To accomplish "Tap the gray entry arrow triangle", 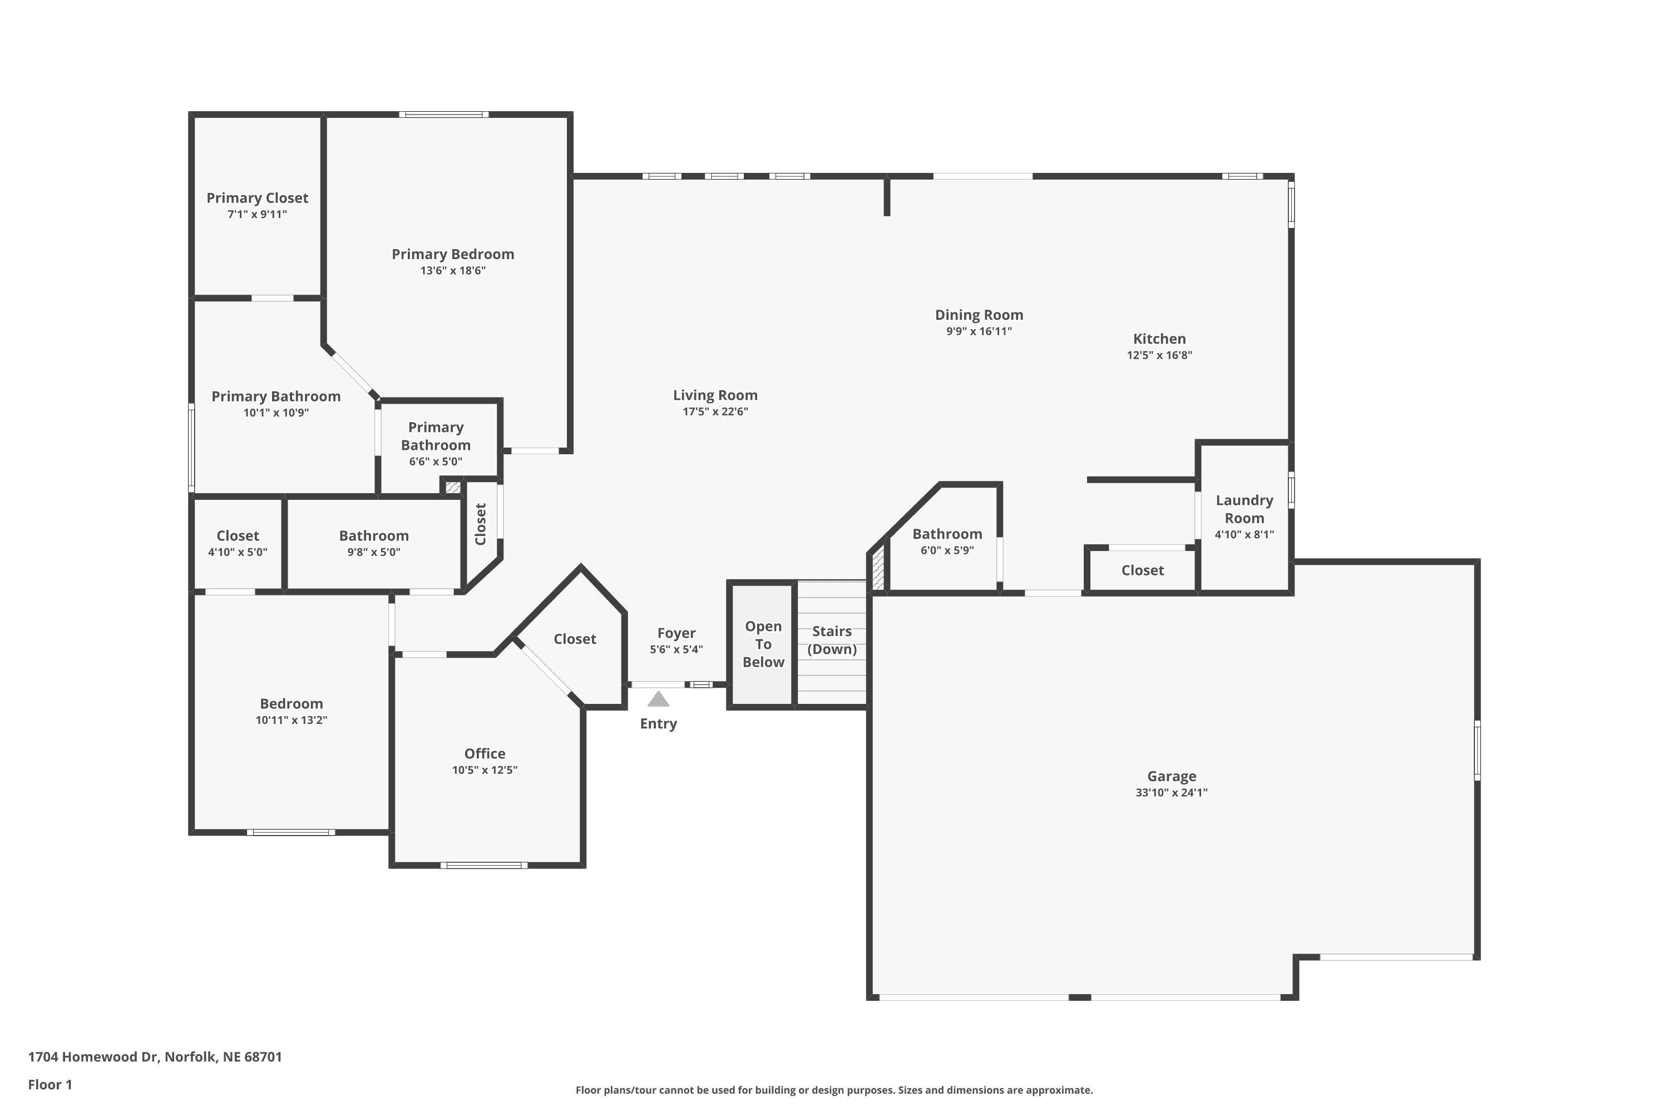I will tap(659, 699).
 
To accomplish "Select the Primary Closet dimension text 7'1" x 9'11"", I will tap(257, 214).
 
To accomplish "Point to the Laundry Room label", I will tap(1244, 509).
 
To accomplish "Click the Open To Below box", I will tap(763, 644).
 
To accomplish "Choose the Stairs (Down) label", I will tap(832, 640).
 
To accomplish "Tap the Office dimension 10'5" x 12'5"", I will tap(485, 770).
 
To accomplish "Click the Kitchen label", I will tap(1159, 339).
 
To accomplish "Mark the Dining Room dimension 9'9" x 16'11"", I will tap(979, 331).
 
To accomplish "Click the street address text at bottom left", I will tap(155, 1057).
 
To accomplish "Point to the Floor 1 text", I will tap(50, 1084).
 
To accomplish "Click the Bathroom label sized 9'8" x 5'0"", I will tap(373, 536).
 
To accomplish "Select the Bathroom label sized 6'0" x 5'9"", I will tap(947, 534).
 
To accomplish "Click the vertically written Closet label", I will tap(481, 524).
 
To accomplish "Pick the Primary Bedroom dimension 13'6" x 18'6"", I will tap(453, 270).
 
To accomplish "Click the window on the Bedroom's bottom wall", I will tap(291, 832).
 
